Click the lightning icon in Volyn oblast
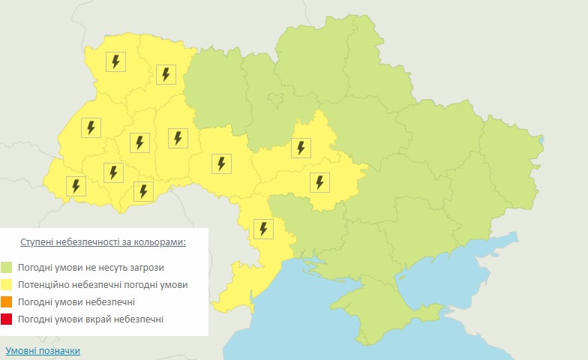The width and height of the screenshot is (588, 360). (115, 61)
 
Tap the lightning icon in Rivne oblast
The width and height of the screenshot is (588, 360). (166, 74)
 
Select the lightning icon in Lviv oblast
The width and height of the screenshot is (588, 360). (91, 127)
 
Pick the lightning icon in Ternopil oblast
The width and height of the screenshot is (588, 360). (139, 142)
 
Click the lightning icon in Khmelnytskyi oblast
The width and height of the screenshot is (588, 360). (178, 137)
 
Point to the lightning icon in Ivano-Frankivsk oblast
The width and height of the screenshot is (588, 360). (113, 172)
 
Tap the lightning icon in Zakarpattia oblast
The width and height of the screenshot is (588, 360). (76, 185)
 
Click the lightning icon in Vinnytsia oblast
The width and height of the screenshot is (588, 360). (221, 163)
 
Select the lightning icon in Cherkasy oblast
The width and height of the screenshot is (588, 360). (301, 147)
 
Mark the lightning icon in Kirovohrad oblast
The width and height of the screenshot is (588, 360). (319, 181)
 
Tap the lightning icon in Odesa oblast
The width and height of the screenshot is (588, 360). (263, 228)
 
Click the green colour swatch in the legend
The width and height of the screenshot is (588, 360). (7, 267)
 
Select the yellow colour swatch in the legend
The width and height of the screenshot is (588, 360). (7, 285)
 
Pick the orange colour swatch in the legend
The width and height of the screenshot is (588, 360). (7, 302)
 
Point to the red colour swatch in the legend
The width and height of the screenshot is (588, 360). (7, 320)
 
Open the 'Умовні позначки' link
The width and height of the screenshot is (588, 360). (43, 350)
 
